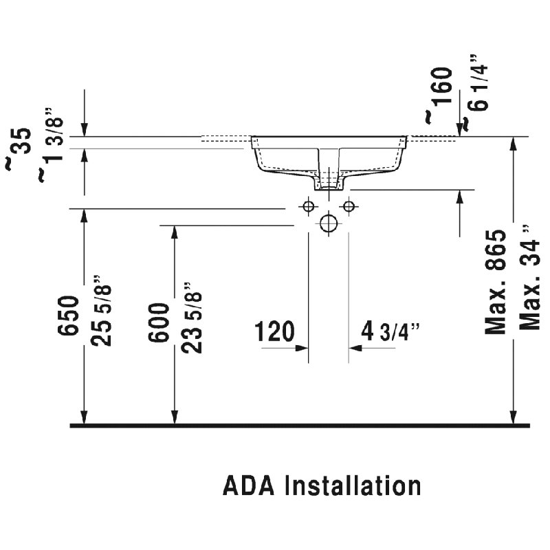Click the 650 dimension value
(x=70, y=317)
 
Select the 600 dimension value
(x=159, y=323)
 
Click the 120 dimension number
(x=275, y=332)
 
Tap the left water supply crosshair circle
(x=308, y=206)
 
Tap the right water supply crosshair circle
(x=349, y=206)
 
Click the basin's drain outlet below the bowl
(x=329, y=182)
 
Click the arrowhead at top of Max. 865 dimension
(x=513, y=143)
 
